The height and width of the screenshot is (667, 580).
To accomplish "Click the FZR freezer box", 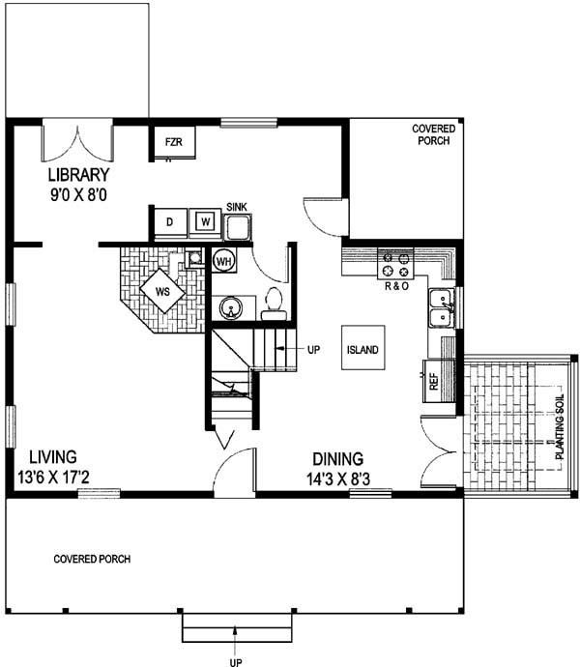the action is [174, 142].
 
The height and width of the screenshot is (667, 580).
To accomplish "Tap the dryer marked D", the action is [170, 222].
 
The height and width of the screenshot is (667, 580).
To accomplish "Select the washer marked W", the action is [206, 222].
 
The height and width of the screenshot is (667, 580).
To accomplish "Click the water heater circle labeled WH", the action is [224, 261].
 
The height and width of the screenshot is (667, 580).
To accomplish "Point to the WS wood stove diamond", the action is [162, 291].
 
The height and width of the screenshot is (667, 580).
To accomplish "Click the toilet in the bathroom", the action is [274, 304].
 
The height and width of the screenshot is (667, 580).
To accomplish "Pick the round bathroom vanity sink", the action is [231, 308].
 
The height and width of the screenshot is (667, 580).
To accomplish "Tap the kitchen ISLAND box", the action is [362, 348].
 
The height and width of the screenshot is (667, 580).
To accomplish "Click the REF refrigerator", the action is [438, 381].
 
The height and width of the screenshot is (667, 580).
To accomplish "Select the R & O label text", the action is [396, 286].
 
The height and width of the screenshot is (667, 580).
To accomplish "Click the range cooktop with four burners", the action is [395, 264].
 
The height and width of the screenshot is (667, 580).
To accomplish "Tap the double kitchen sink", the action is [441, 307].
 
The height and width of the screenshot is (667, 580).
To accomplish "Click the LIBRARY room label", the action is [78, 175].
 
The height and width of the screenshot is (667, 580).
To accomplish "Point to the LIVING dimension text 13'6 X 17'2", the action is [53, 477].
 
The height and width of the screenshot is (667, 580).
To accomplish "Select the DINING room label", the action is [338, 459].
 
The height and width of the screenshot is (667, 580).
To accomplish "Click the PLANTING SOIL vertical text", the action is [560, 427].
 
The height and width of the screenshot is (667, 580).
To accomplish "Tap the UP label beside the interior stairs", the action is [313, 350].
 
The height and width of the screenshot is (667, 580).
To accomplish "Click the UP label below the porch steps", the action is [236, 662].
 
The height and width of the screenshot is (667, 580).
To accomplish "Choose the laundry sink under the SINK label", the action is [238, 227].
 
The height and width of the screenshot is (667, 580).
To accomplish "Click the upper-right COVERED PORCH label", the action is [434, 134].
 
